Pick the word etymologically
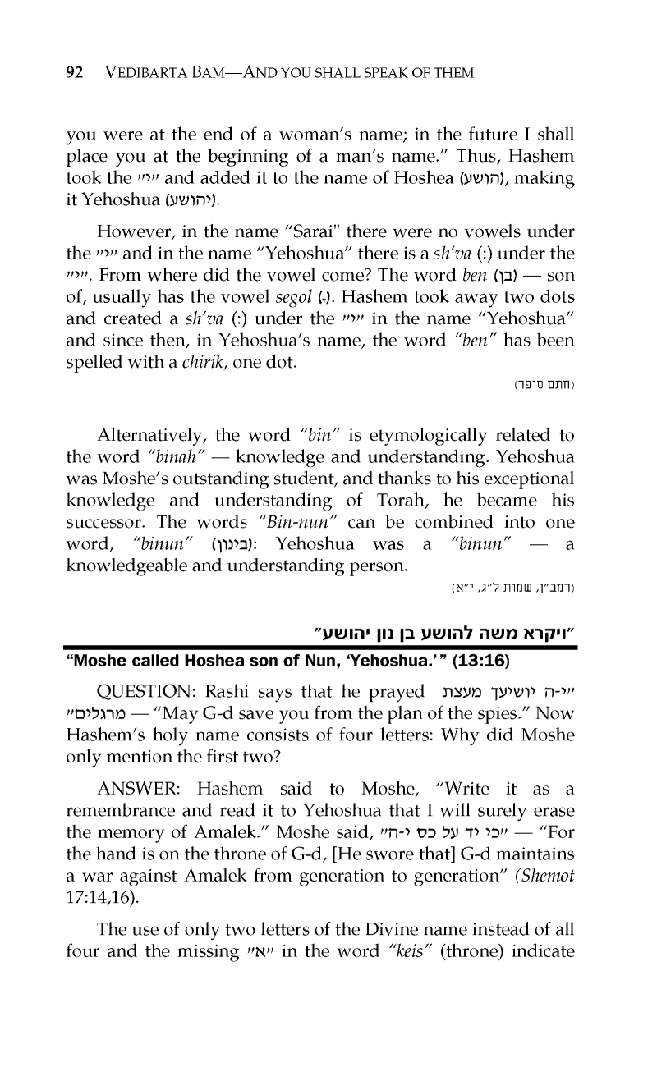(419, 434)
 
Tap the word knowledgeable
(132, 566)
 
